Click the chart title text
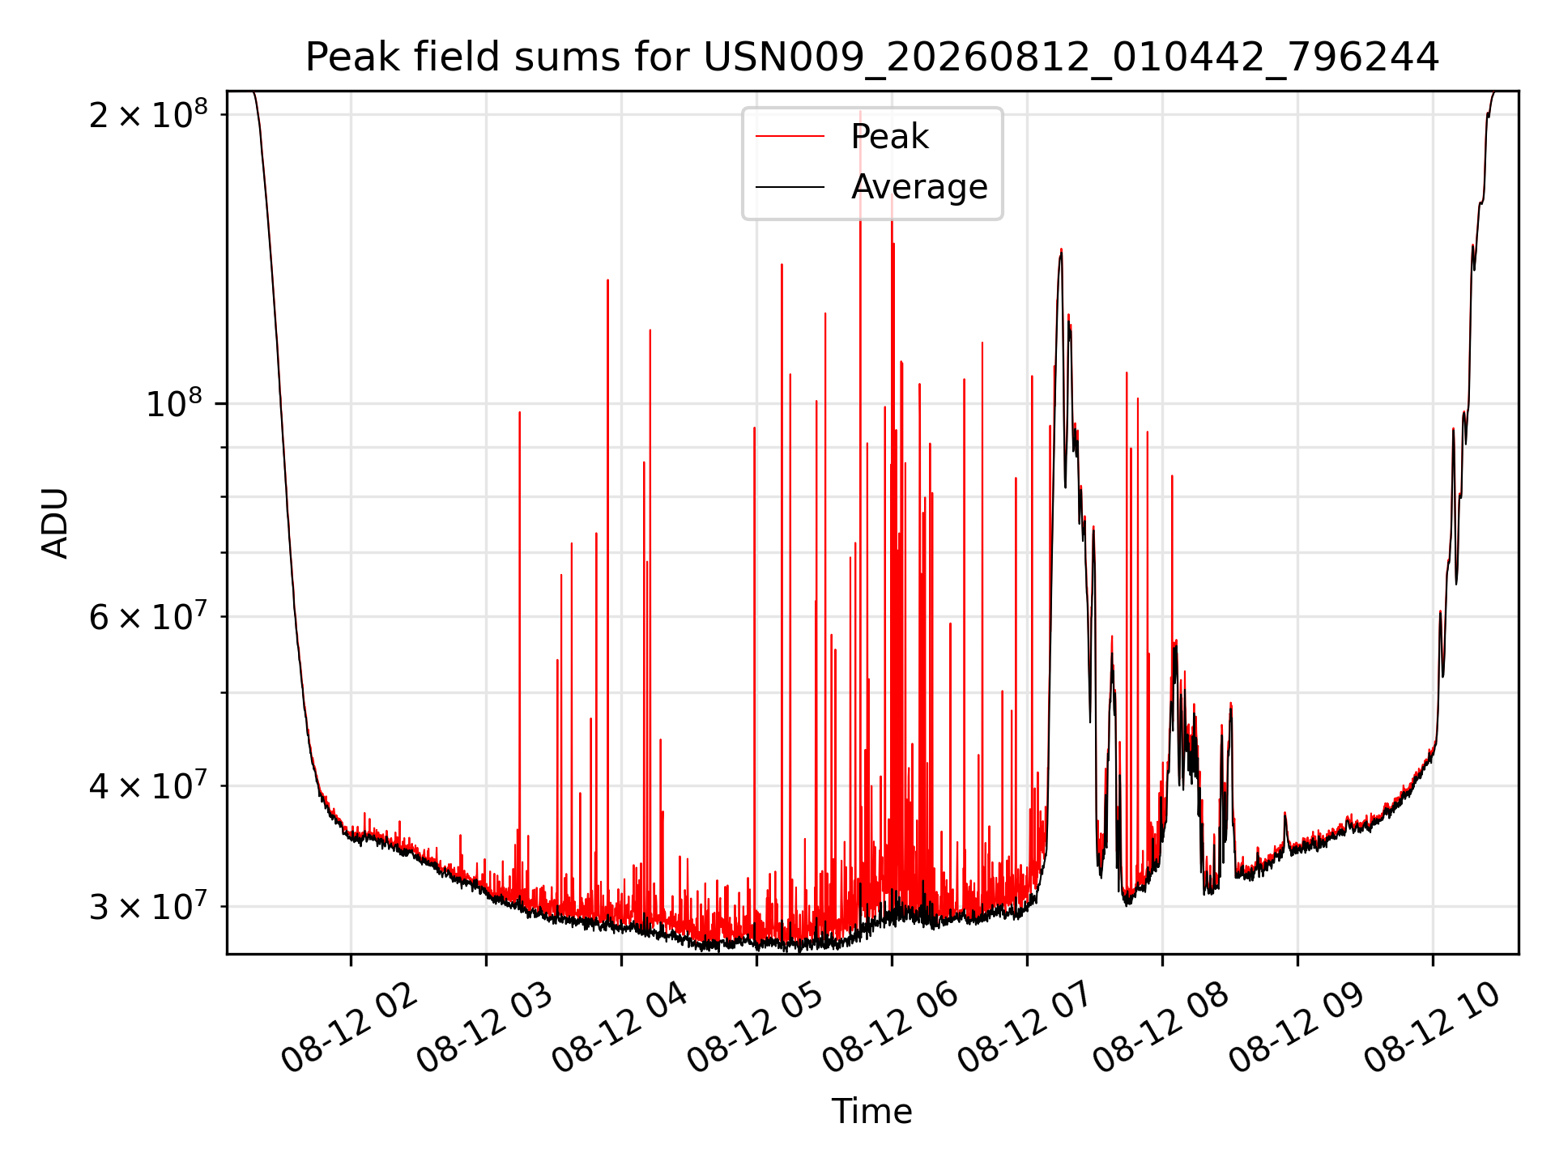coord(872,57)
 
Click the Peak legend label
coord(889,137)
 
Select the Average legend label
coord(919,187)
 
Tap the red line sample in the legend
coord(790,137)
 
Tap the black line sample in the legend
coord(790,187)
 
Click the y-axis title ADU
coord(55,523)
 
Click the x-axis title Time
coord(872,1112)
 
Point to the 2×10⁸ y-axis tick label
coord(147,114)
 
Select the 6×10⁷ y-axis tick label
coord(147,617)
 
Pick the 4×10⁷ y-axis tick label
coord(147,785)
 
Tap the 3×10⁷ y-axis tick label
coord(147,907)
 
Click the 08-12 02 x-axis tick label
coord(350,1028)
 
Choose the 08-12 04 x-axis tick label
coord(620,1028)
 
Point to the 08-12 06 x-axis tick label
coord(891,1028)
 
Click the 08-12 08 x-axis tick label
coord(1161,1028)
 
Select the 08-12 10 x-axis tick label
coord(1432,1028)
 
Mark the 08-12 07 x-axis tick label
coord(1026,1028)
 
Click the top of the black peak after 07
coord(1061,252)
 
